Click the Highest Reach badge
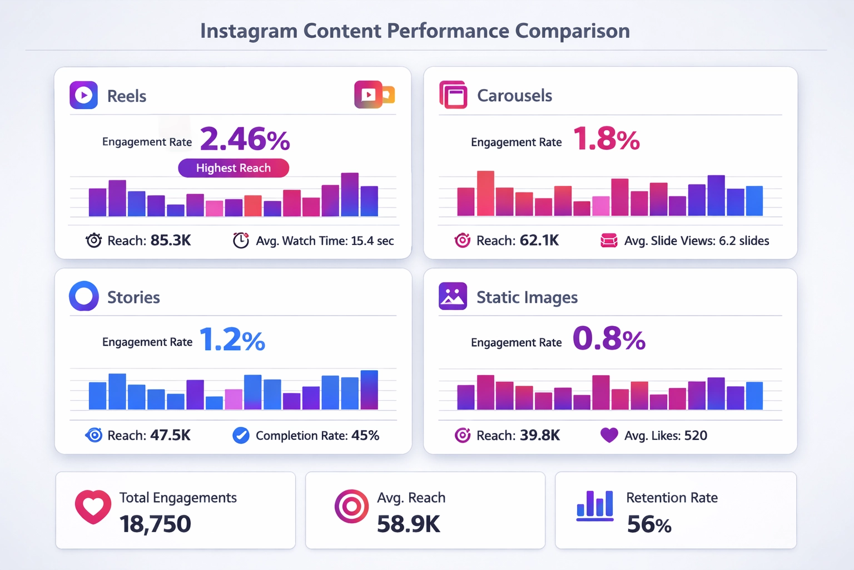point(234,168)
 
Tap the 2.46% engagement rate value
point(245,139)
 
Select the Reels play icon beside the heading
point(83,95)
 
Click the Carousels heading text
point(514,96)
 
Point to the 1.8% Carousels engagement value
point(606,139)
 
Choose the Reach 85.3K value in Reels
point(170,240)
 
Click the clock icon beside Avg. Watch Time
point(241,240)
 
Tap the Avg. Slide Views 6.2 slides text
point(696,241)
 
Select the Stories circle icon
point(84,296)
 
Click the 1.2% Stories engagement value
point(232,340)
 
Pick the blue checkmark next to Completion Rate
point(241,435)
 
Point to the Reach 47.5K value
point(170,435)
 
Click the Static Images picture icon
point(453,296)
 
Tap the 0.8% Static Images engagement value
point(609,339)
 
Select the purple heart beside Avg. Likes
point(609,435)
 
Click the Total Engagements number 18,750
point(155,524)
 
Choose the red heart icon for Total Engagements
point(93,507)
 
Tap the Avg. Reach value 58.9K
point(408,524)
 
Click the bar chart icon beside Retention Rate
point(595,505)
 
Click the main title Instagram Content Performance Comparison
point(415,31)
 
